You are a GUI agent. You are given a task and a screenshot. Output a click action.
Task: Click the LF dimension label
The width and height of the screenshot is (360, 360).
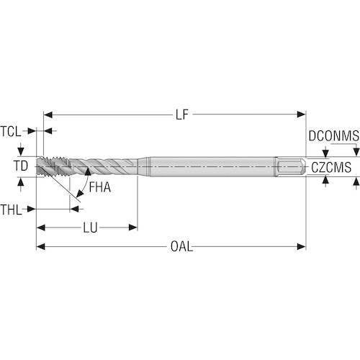182,114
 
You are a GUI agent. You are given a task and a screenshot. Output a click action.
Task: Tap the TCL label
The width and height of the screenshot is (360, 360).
11,132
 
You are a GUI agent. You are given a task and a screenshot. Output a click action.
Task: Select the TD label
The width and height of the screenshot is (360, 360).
21,166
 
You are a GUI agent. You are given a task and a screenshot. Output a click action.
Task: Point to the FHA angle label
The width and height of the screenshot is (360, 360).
100,187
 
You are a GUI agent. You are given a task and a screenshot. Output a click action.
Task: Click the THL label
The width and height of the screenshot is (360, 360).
11,210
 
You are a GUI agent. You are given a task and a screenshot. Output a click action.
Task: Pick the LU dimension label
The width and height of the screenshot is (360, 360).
90,228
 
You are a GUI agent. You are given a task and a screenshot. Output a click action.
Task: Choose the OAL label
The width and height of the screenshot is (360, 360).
181,246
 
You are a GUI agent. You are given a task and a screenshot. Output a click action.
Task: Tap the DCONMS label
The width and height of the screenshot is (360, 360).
334,136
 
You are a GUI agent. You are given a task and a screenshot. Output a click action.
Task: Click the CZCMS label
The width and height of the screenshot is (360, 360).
331,168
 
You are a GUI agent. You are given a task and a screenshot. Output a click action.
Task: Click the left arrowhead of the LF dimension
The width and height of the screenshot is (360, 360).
48,114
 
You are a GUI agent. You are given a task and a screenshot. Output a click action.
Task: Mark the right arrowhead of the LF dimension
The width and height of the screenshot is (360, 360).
302,114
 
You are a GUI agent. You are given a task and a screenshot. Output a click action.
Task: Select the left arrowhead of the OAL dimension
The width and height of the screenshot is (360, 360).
40,246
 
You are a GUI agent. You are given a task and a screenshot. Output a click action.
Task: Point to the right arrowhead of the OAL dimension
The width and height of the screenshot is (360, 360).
302,246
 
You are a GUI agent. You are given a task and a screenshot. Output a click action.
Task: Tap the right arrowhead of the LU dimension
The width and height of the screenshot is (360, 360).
133,228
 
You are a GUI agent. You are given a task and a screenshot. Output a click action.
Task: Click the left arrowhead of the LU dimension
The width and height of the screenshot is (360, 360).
40,228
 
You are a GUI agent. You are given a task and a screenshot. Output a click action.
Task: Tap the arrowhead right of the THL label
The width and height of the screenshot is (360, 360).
31,209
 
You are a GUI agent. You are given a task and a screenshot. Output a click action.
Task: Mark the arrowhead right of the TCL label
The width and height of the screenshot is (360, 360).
32,131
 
